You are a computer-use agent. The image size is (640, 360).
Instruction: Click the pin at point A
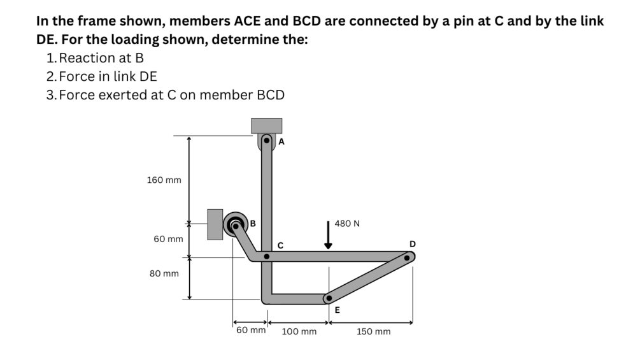267,141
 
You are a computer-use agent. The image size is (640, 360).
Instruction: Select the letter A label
281,142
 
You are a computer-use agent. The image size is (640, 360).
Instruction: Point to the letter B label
253,224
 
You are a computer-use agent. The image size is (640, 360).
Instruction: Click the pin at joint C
267,257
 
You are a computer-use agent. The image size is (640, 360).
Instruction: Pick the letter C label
280,245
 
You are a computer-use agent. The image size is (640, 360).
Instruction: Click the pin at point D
407,257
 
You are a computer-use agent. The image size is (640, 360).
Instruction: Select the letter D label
413,244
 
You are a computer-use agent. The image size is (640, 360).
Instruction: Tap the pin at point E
329,298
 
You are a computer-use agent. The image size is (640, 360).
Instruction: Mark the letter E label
338,310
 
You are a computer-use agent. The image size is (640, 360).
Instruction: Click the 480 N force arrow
329,234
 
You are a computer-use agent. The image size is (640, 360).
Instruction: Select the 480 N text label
347,224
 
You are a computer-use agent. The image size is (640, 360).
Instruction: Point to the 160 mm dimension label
164,180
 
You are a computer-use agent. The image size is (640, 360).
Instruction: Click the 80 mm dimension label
164,273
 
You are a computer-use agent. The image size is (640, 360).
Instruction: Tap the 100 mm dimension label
299,332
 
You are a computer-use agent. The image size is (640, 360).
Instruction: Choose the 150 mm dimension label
373,332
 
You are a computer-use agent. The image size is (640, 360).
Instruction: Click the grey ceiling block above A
267,126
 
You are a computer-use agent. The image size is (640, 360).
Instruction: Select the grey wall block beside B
215,224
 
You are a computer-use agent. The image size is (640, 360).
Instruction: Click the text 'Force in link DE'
108,76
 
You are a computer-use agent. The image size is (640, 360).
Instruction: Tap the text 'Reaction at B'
101,58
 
